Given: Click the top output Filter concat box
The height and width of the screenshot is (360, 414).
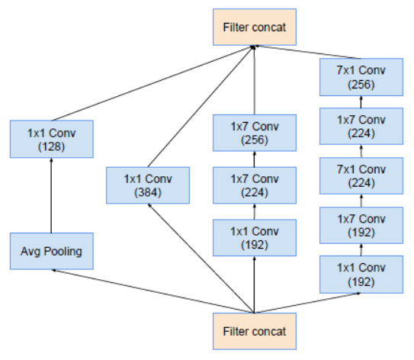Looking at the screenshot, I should tap(255, 27).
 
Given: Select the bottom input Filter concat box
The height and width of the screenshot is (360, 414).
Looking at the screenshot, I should tap(255, 330).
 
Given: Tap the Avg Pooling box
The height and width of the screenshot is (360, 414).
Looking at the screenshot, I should tap(50, 251).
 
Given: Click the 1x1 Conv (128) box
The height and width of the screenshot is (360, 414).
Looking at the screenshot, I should tap(50, 139).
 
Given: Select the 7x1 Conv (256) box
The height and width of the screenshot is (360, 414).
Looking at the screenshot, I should tap(362, 77).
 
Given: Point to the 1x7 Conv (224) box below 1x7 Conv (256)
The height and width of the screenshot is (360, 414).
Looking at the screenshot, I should tap(254, 185).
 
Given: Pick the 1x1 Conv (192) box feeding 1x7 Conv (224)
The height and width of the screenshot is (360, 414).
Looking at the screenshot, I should tap(254, 236).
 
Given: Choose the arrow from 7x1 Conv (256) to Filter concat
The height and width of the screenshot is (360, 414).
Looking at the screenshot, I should tap(305, 52).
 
